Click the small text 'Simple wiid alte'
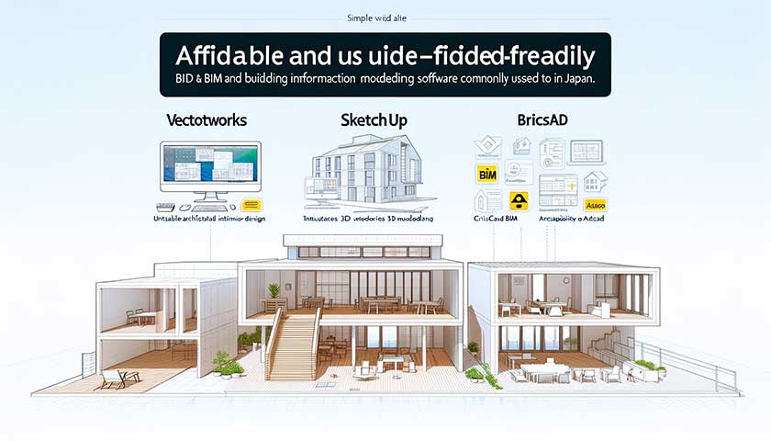click(383, 18)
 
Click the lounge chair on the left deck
click(118, 377)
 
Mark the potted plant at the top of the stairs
click(273, 291)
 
